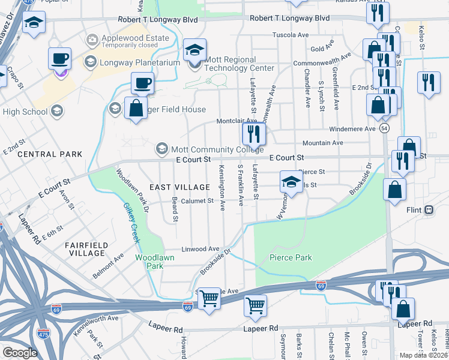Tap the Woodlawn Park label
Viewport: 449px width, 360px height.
148,261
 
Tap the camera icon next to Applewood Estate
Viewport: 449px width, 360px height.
92,41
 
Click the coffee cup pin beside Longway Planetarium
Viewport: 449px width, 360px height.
59,59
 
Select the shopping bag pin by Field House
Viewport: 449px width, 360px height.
136,109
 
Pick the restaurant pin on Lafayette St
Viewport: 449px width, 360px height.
254,134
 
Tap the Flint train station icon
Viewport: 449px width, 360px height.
429,210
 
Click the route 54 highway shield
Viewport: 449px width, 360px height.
384,128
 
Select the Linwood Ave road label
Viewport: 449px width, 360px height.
200,248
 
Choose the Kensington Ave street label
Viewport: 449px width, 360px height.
222,188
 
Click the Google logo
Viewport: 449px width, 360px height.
20,353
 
